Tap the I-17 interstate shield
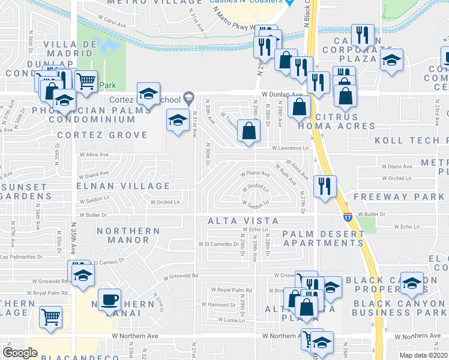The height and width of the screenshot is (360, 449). tap(347, 214)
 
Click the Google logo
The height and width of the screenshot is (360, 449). tap(20, 352)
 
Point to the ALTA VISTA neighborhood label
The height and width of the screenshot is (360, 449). tap(243, 221)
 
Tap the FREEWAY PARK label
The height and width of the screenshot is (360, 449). tap(398, 197)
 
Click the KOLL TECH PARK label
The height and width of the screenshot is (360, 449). tap(411, 140)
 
